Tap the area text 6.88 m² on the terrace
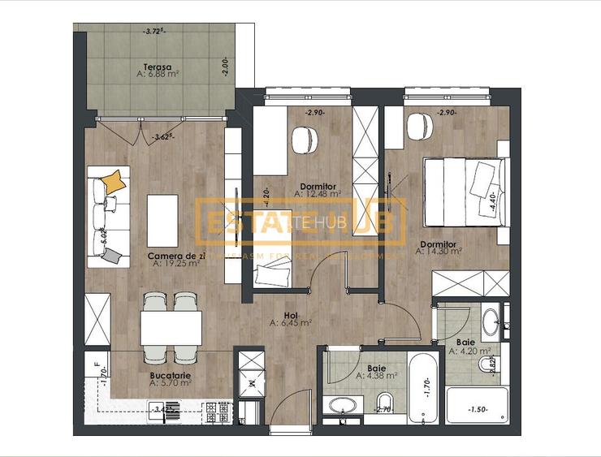pos(158,75)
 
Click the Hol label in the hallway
pos(291,314)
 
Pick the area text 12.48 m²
pos(318,194)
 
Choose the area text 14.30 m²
pos(439,251)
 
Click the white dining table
pos(171,328)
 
